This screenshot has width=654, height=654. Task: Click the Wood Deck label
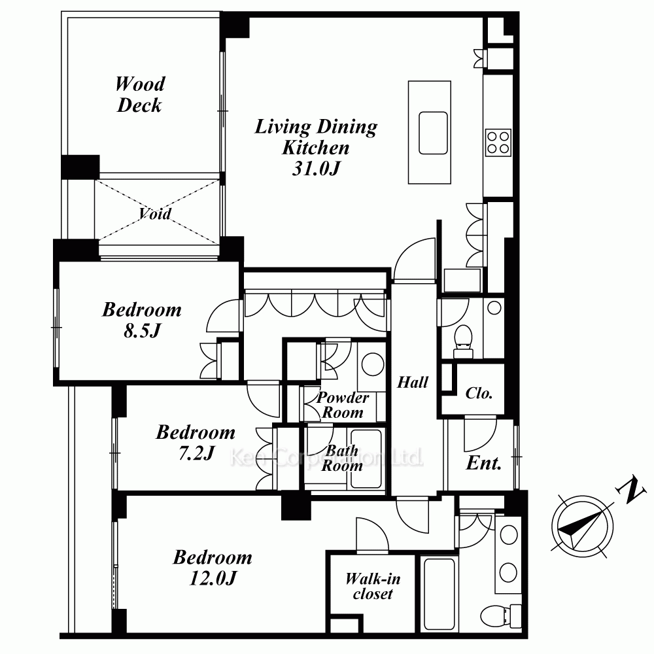tap(140, 95)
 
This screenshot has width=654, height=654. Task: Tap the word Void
tap(155, 214)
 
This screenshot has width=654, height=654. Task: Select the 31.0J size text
tap(316, 169)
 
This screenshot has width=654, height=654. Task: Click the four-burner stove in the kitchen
tap(498, 143)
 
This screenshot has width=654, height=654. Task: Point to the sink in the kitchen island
tap(434, 133)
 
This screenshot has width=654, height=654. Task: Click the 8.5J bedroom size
tap(142, 331)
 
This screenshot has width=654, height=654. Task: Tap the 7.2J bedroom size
tap(196, 453)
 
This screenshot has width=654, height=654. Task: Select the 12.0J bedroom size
tap(213, 578)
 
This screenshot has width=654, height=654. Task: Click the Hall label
tap(413, 382)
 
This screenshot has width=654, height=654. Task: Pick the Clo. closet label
tap(479, 393)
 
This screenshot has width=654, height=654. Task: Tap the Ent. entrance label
tap(483, 463)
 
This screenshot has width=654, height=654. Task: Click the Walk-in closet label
tap(373, 586)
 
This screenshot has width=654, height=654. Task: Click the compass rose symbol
tap(582, 526)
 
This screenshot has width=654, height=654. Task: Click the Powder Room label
tap(343, 405)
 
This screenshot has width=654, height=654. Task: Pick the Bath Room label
tap(342, 458)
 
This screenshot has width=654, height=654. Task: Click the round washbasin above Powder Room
tap(373, 364)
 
